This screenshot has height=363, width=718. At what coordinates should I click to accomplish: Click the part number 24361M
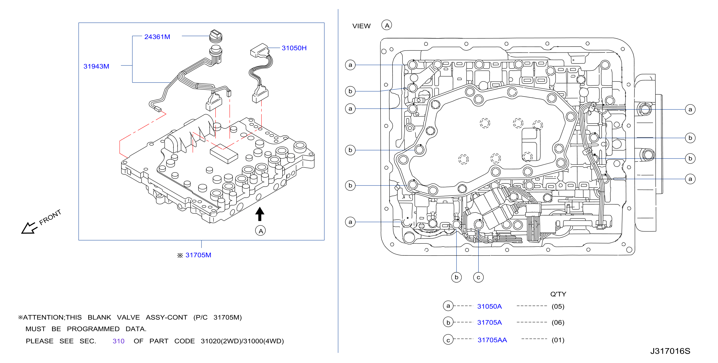pyautogui.click(x=157, y=37)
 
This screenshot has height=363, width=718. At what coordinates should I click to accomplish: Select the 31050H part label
pyautogui.click(x=294, y=48)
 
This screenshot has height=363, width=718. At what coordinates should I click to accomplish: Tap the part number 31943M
pyautogui.click(x=96, y=66)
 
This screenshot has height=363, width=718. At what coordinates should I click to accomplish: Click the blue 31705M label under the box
pyautogui.click(x=198, y=255)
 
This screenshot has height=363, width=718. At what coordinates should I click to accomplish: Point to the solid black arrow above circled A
pyautogui.click(x=260, y=214)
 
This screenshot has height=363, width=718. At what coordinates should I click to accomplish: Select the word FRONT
pyautogui.click(x=50, y=217)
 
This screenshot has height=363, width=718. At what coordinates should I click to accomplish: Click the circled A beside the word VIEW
pyautogui.click(x=387, y=25)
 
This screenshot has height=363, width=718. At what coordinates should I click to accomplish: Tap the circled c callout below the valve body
pyautogui.click(x=478, y=277)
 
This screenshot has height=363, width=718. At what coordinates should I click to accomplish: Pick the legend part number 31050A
pyautogui.click(x=490, y=306)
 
